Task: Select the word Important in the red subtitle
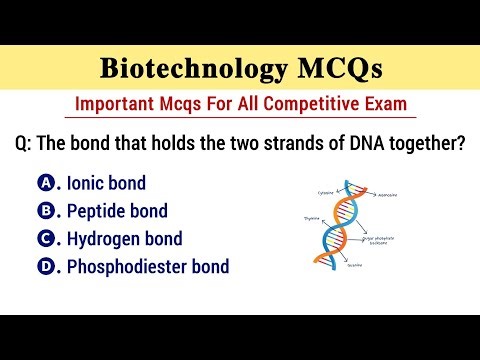pyautogui.click(x=115, y=105)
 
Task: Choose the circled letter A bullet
pyautogui.click(x=45, y=183)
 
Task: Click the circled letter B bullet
pyautogui.click(x=45, y=211)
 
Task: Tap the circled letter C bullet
pyautogui.click(x=45, y=239)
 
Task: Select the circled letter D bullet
pyautogui.click(x=45, y=267)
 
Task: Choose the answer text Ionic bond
pyautogui.click(x=106, y=183)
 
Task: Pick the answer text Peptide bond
pyautogui.click(x=117, y=211)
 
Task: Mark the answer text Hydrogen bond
pyautogui.click(x=125, y=239)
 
